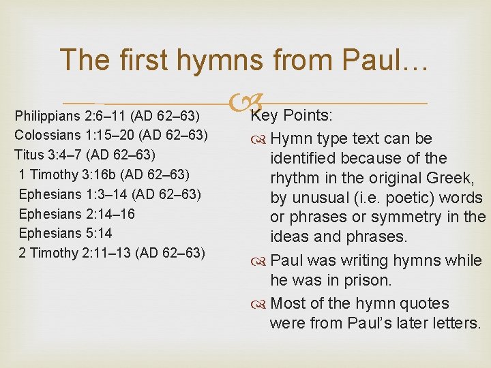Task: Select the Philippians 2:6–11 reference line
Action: pos(111,114)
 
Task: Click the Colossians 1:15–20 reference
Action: pos(111,134)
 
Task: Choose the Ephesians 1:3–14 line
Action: pos(110,194)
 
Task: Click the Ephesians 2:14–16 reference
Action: pos(77,214)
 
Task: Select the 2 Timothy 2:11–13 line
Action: pos(112,254)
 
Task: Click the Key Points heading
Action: pos(290,114)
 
